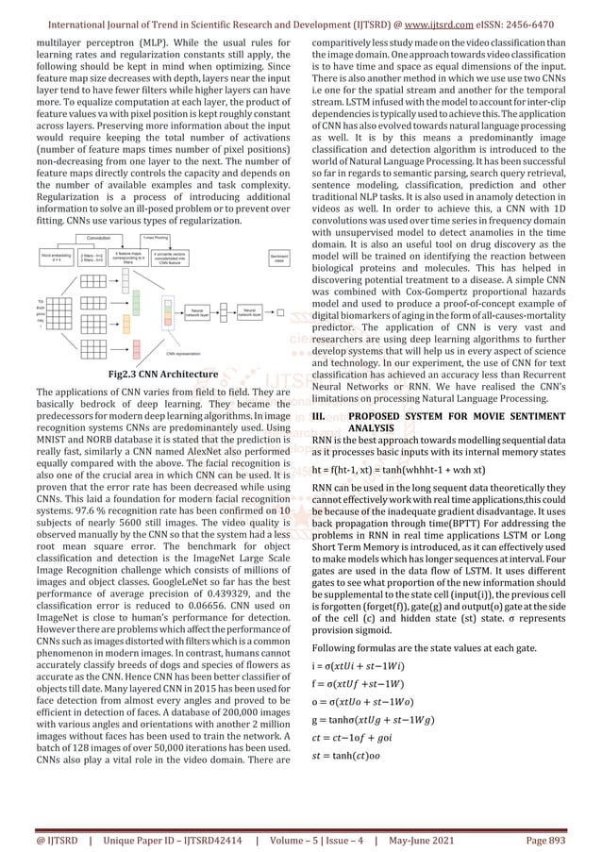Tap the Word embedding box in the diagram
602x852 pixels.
pyautogui.click(x=56, y=258)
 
